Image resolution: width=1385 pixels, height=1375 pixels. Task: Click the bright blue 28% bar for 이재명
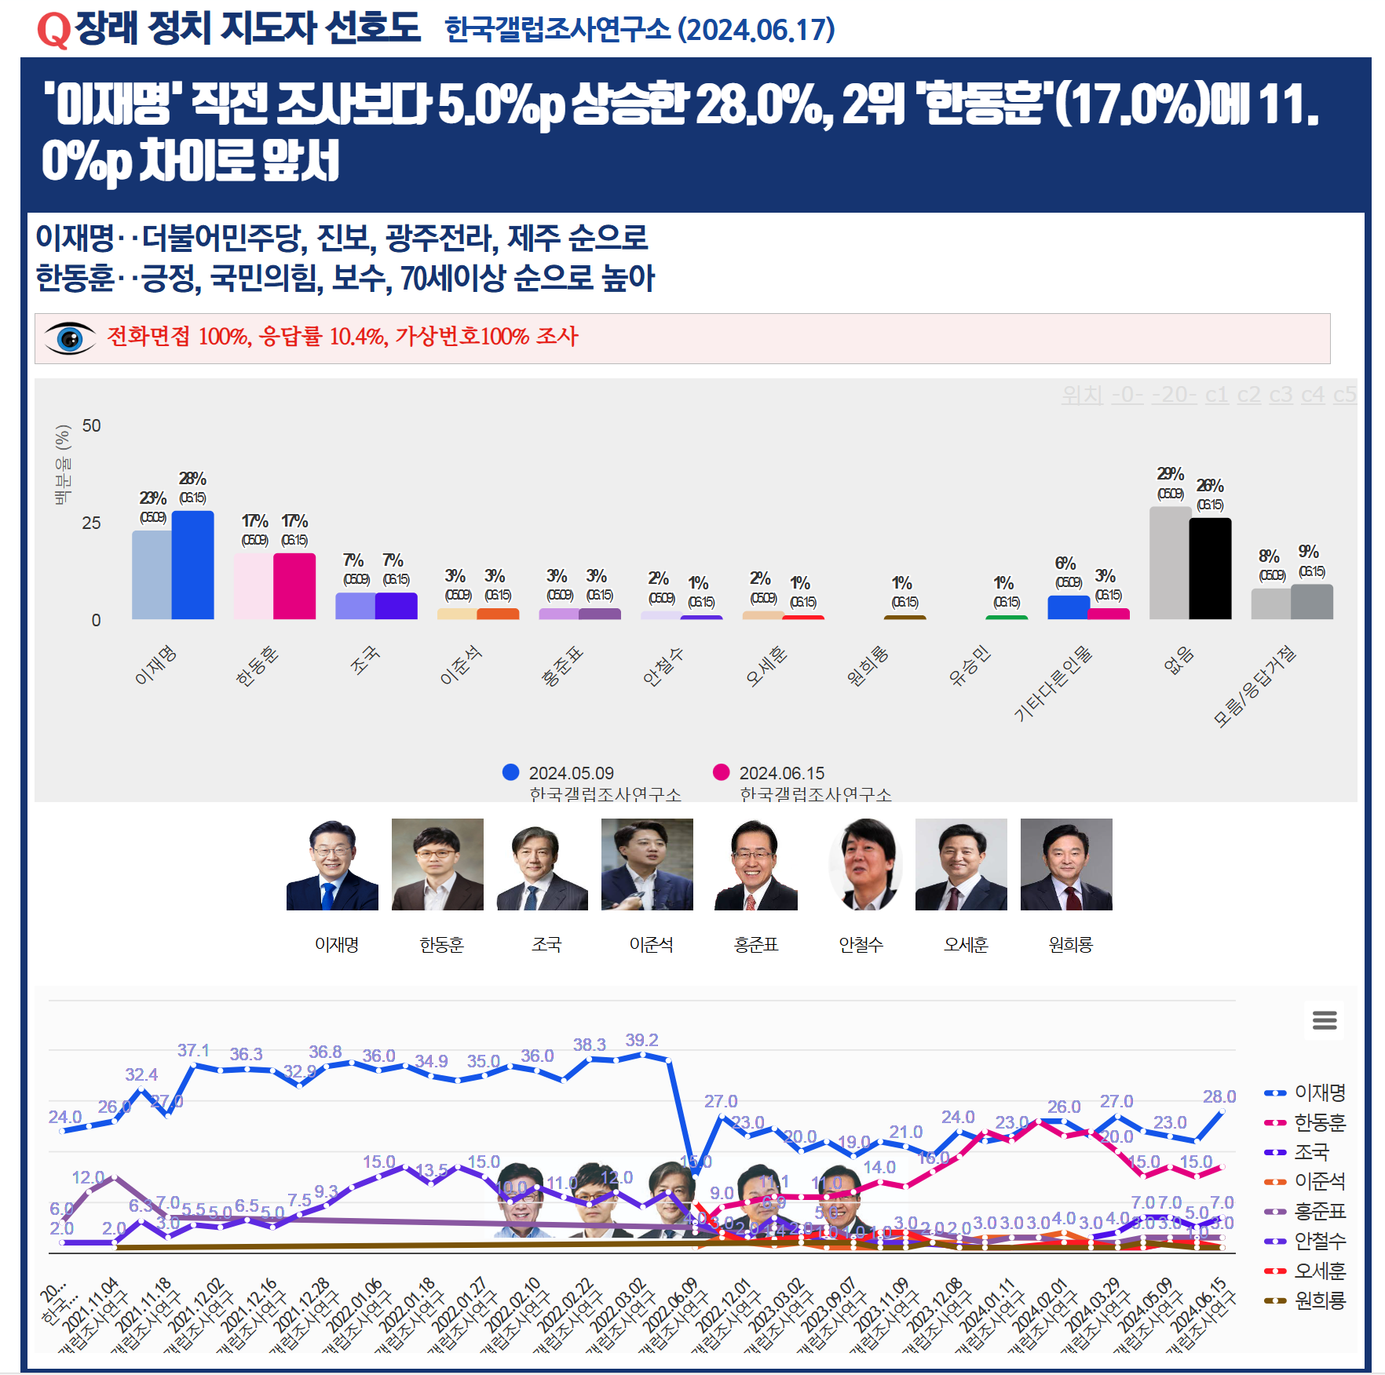tap(192, 565)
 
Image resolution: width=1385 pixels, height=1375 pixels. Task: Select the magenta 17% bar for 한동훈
tap(294, 586)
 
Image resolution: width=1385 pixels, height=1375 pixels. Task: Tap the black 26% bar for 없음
tap(1210, 569)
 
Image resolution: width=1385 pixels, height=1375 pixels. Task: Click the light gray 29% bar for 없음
tap(1170, 563)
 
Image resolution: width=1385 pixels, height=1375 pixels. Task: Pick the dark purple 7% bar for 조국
tap(396, 606)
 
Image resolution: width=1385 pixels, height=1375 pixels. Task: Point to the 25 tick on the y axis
tap(91, 523)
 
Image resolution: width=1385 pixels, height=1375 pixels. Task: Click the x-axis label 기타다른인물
tap(1053, 683)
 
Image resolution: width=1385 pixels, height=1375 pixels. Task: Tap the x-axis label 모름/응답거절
tap(1254, 686)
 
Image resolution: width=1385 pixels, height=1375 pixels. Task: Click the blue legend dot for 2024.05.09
tap(511, 772)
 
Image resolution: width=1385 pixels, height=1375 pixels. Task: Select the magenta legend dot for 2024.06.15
tap(722, 772)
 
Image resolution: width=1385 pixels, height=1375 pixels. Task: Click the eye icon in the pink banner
tap(70, 338)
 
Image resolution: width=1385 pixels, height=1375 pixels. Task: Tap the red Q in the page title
tap(53, 30)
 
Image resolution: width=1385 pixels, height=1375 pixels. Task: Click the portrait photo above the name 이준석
tap(647, 864)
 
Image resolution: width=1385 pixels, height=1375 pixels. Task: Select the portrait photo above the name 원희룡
tap(1066, 864)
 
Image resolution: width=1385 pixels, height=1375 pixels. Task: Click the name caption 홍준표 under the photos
tap(756, 945)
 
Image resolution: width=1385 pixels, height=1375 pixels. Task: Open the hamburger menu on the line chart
tap(1325, 1019)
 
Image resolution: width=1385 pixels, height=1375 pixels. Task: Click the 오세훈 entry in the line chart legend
tap(1319, 1271)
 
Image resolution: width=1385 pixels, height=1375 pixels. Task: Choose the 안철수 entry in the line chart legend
tap(1319, 1241)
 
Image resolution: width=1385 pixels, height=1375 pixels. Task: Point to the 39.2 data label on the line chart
tap(641, 1040)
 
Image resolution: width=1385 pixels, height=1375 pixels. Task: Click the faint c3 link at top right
tap(1281, 395)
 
